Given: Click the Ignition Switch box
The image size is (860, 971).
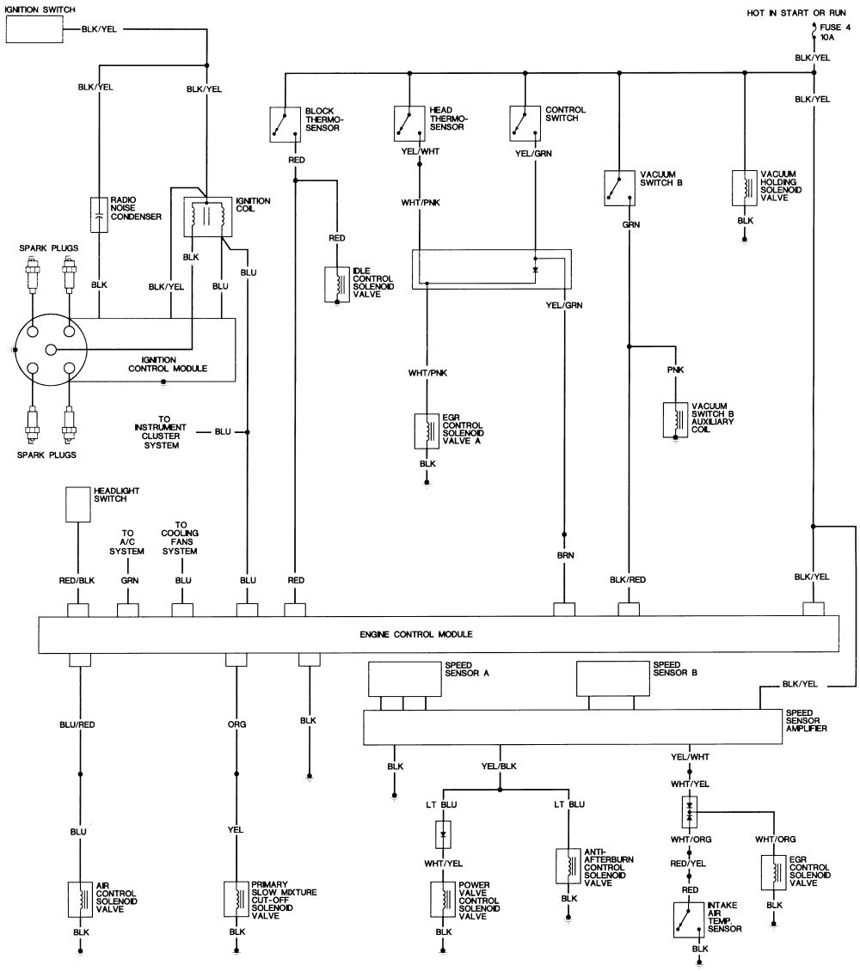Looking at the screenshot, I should pos(35,30).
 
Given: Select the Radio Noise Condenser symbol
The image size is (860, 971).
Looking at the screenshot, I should pos(99,214).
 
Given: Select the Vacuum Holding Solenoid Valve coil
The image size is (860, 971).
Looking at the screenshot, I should pos(744,187).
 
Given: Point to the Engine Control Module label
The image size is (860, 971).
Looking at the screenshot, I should pos(416,634).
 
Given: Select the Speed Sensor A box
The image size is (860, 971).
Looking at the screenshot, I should pos(403,679).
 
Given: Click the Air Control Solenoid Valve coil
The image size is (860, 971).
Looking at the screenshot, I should pos(80,899).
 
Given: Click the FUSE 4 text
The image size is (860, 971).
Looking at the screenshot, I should pos(835,27).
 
